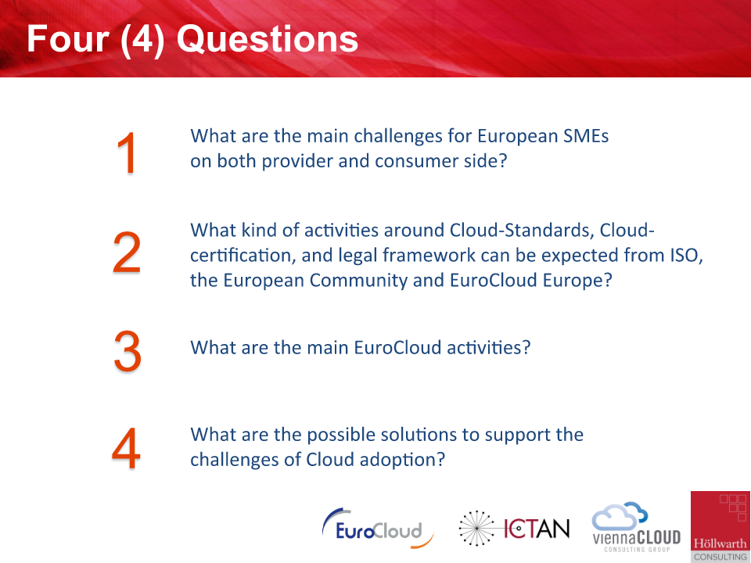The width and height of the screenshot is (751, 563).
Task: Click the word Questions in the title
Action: [x=268, y=39]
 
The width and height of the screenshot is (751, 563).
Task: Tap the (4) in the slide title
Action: [x=142, y=39]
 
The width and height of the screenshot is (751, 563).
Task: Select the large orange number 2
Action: [x=127, y=253]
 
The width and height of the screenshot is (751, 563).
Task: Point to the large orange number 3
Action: [x=128, y=351]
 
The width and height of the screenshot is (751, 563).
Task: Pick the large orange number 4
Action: [x=127, y=449]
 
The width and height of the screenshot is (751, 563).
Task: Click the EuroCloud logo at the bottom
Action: [x=378, y=528]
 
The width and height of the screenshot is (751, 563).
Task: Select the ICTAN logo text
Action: [x=537, y=529]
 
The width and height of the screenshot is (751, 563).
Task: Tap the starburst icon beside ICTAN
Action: [x=477, y=528]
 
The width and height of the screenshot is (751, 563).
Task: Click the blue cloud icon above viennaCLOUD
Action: [x=620, y=515]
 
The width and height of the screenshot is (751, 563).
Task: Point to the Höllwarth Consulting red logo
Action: [x=720, y=526]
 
